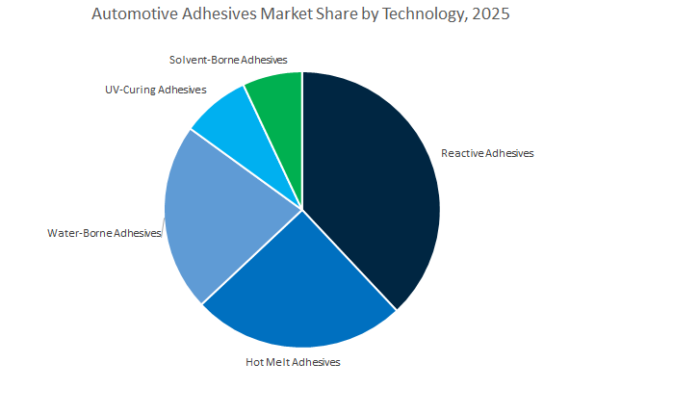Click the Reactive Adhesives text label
coord(486,153)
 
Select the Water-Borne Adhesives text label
coord(103,233)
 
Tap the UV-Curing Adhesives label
coord(156,91)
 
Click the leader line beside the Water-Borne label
coord(162,229)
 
